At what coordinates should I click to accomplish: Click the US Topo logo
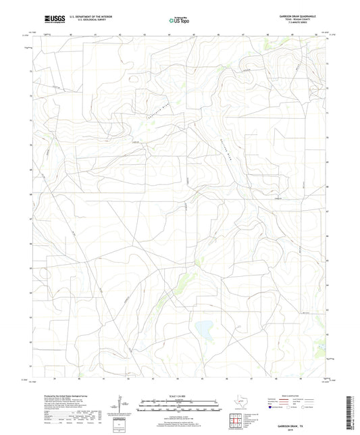point(179,20)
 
